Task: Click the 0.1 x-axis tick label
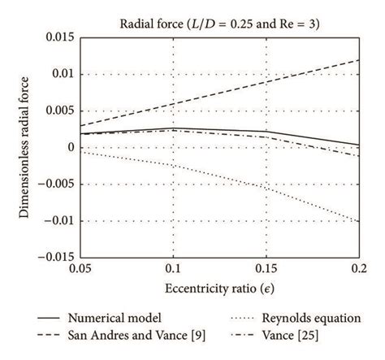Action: click(x=173, y=268)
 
